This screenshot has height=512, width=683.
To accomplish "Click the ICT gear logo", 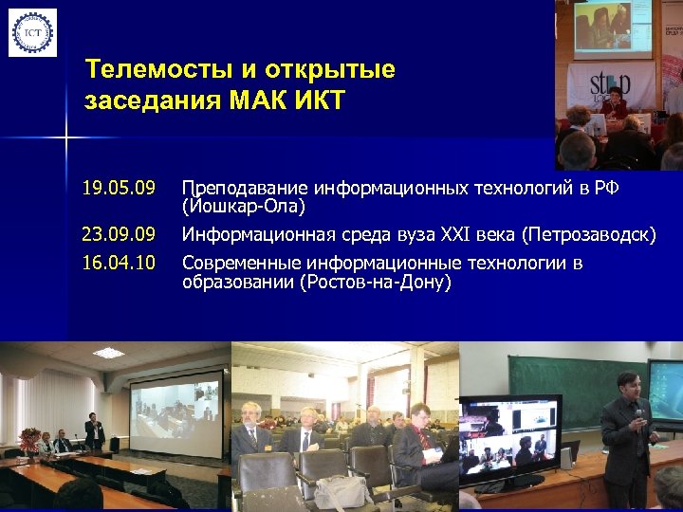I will coord(32,32).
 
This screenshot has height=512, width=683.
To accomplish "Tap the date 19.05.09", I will coord(119,188).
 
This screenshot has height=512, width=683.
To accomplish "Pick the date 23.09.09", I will coord(119,234).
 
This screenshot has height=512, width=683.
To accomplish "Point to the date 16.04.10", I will coord(119,263).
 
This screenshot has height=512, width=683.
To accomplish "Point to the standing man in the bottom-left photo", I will coord(94,431).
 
